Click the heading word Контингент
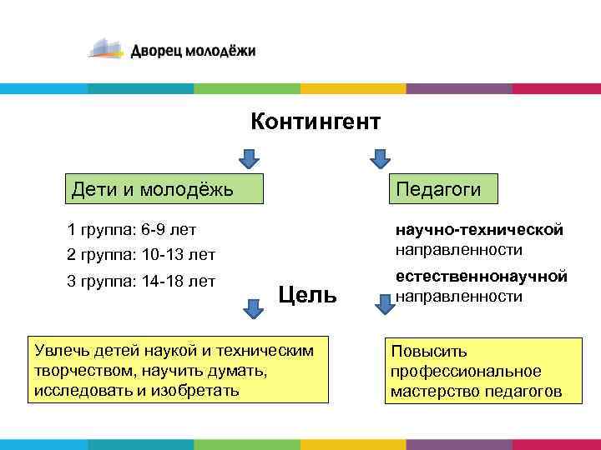pyautogui.click(x=316, y=122)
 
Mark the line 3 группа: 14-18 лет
pyautogui.click(x=141, y=281)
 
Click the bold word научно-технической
pyautogui.click(x=479, y=230)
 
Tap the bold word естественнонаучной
pyautogui.click(x=481, y=276)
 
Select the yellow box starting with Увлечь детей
pyautogui.click(x=178, y=370)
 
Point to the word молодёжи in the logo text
pyautogui.click(x=219, y=52)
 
